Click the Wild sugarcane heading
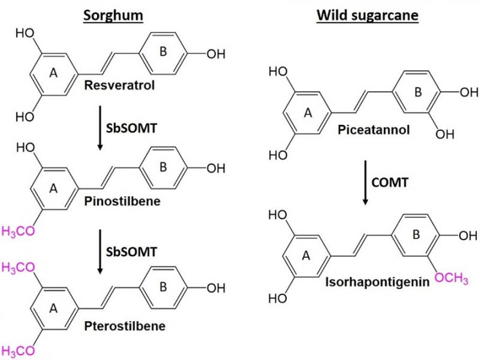coord(367,15)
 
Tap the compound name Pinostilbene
coord(123,201)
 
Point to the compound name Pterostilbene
coord(124,326)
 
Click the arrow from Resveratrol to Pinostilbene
coord(98,128)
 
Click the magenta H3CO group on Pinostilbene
coord(17,232)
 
